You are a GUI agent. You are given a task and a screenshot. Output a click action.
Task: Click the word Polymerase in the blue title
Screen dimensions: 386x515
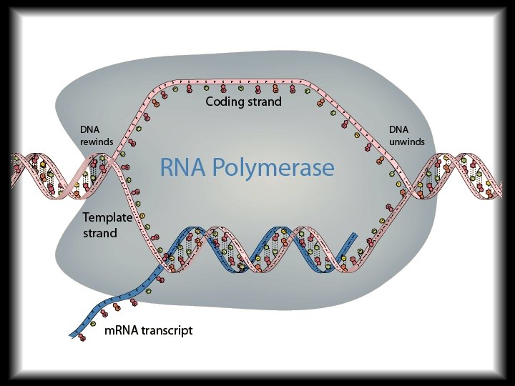click(x=276, y=169)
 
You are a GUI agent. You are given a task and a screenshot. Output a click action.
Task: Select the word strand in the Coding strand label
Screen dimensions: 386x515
click(x=264, y=102)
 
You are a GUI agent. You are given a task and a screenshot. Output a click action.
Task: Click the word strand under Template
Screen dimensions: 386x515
click(x=100, y=233)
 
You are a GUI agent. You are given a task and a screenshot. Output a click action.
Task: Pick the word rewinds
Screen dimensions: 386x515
click(x=97, y=142)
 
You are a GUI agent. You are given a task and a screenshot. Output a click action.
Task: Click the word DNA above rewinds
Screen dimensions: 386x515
click(x=90, y=130)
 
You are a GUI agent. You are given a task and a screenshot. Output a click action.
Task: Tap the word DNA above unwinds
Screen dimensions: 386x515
click(x=399, y=130)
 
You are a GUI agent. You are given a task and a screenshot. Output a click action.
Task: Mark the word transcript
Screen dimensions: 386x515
click(x=168, y=330)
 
